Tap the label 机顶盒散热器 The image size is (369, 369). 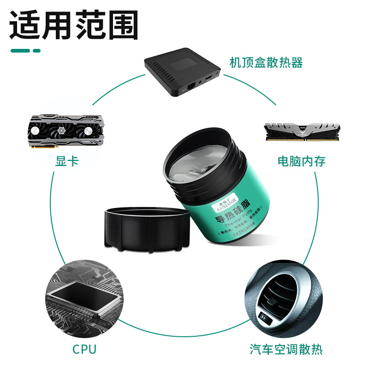[x=266, y=63]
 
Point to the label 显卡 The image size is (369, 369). [x=67, y=161]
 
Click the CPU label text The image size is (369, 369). [x=84, y=349]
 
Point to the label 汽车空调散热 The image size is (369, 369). [x=286, y=349]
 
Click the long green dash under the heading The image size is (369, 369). [x=20, y=51]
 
